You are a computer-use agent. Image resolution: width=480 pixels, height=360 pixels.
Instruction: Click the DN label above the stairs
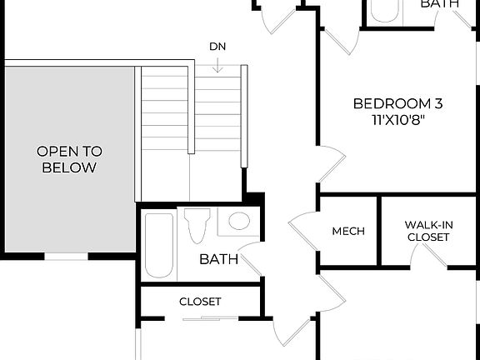(x=217, y=47)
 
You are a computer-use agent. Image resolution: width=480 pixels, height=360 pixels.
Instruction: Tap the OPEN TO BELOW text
(x=69, y=159)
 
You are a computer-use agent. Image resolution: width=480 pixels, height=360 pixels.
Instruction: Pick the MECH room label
(x=348, y=231)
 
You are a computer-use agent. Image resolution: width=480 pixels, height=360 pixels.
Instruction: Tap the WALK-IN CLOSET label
(x=428, y=231)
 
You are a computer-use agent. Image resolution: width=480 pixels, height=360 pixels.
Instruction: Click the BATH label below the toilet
(x=218, y=259)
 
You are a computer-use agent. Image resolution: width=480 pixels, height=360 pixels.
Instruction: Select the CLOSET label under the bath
(x=200, y=301)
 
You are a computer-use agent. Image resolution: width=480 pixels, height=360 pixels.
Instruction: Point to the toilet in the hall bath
(x=197, y=226)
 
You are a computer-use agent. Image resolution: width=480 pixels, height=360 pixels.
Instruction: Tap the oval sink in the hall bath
(x=239, y=221)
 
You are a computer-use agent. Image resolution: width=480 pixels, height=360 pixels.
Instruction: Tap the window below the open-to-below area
(x=66, y=257)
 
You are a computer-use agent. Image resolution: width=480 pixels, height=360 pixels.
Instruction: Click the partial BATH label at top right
(x=439, y=4)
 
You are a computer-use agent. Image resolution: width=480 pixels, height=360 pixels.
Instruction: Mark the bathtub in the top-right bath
(x=385, y=10)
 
